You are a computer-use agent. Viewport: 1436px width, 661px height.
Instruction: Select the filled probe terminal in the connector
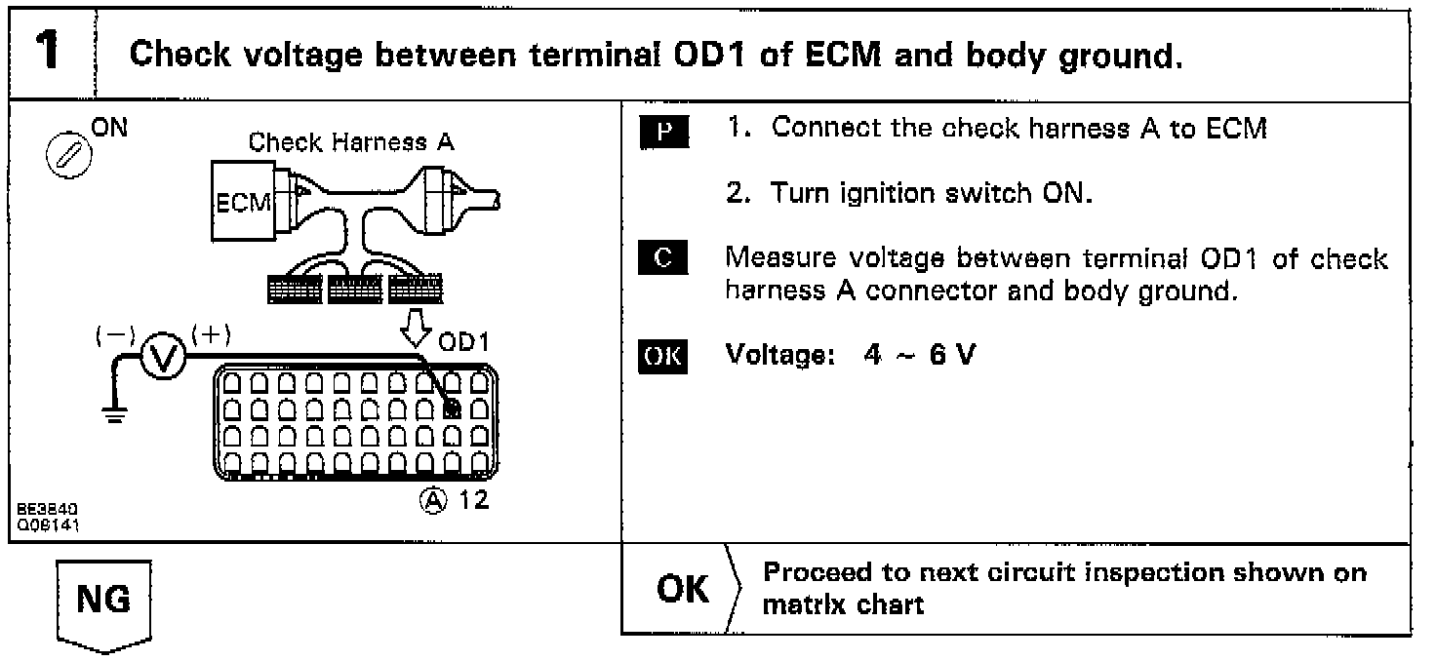[451, 409]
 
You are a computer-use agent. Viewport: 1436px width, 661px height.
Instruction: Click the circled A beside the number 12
[427, 500]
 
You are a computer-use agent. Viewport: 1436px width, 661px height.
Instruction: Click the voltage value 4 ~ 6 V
[919, 355]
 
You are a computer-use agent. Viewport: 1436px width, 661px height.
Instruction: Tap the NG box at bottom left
[102, 600]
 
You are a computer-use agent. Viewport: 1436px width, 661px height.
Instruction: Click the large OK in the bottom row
[683, 588]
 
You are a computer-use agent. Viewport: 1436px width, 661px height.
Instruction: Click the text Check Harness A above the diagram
[351, 142]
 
